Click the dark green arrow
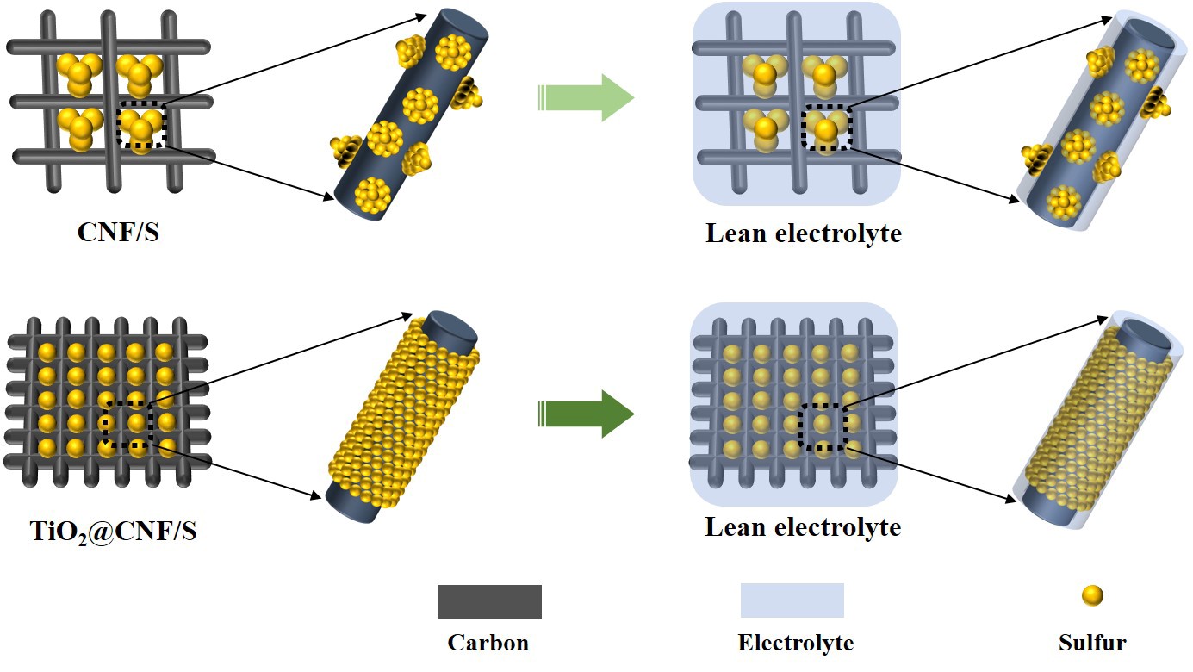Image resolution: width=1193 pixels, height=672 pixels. coord(586,414)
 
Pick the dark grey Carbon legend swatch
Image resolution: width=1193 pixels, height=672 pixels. coord(489,601)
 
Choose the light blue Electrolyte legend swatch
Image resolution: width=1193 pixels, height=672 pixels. coord(792,600)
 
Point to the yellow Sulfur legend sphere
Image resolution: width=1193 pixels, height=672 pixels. coord(1092,594)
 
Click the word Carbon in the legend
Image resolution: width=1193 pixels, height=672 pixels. coord(488,643)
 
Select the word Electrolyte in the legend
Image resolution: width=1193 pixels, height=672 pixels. coord(795,643)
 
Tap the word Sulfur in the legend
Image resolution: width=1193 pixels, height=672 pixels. coord(1091,643)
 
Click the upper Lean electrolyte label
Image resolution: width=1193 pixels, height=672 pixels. coord(803,233)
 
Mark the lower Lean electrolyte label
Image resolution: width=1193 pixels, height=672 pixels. coord(803,526)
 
